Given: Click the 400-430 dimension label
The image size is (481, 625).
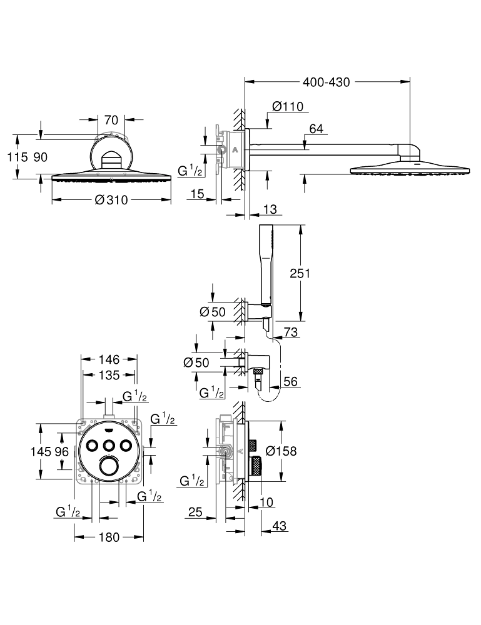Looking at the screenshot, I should point(326,82).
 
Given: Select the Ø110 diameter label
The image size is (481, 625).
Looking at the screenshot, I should point(288,106).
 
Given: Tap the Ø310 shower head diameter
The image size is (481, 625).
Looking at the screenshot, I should point(111,200).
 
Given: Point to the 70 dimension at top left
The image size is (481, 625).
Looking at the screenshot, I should point(111,118).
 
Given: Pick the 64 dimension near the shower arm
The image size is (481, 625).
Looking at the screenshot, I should point(316,129).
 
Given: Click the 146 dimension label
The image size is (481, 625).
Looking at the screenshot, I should point(109,359).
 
